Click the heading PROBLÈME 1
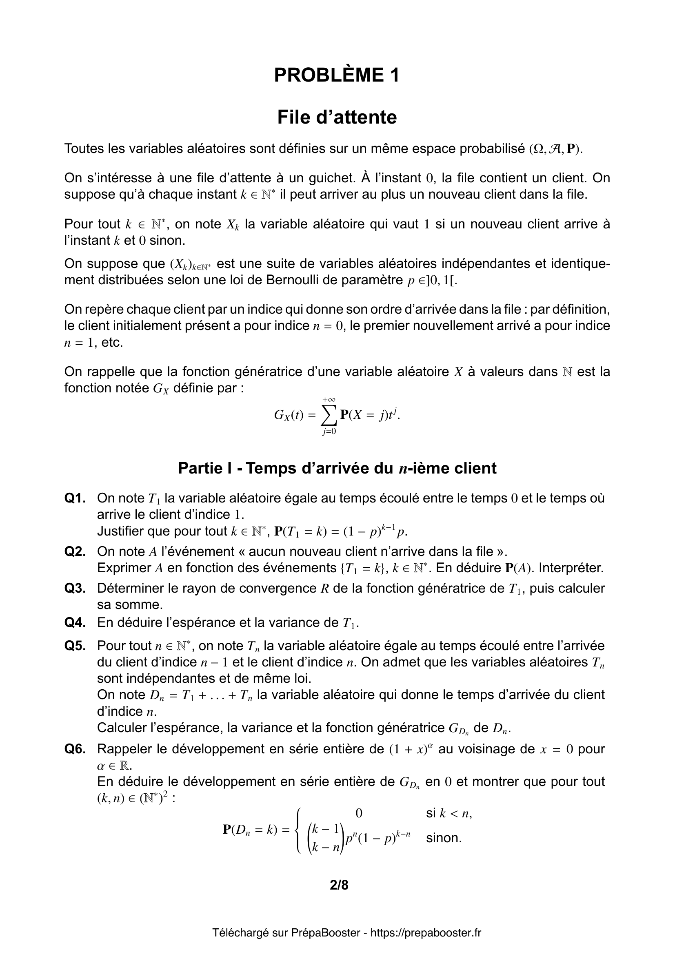(x=337, y=75)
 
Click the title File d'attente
(x=337, y=117)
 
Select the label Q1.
(x=75, y=498)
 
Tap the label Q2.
(x=75, y=551)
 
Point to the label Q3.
(x=75, y=589)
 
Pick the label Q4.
(x=75, y=622)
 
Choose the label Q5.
(x=75, y=646)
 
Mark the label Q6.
(x=75, y=749)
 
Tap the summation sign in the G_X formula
(x=329, y=415)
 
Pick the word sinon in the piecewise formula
(x=444, y=838)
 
